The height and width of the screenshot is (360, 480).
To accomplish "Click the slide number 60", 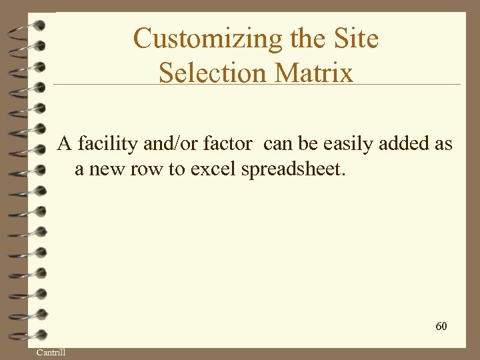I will [x=441, y=326].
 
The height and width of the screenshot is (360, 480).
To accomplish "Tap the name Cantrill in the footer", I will [x=51, y=352].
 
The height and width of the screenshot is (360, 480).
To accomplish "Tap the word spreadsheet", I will [x=293, y=169].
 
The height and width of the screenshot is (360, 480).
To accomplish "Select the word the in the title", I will [x=306, y=39].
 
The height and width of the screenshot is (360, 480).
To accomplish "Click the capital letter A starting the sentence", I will [x=64, y=143].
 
